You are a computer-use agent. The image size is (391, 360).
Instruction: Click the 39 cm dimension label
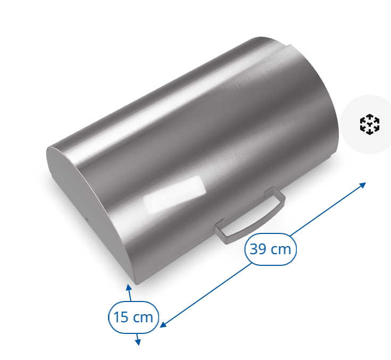270,248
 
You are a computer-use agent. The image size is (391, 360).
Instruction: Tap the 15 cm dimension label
134,317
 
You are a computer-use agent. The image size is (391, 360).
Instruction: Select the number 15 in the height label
122,317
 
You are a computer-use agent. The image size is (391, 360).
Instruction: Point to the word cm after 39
281,248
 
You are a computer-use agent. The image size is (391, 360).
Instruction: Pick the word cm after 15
143,317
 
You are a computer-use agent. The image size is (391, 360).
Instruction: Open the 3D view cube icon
370,124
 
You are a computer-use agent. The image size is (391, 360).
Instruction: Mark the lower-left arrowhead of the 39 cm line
163,324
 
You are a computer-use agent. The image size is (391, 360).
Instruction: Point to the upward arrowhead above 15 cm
128,288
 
